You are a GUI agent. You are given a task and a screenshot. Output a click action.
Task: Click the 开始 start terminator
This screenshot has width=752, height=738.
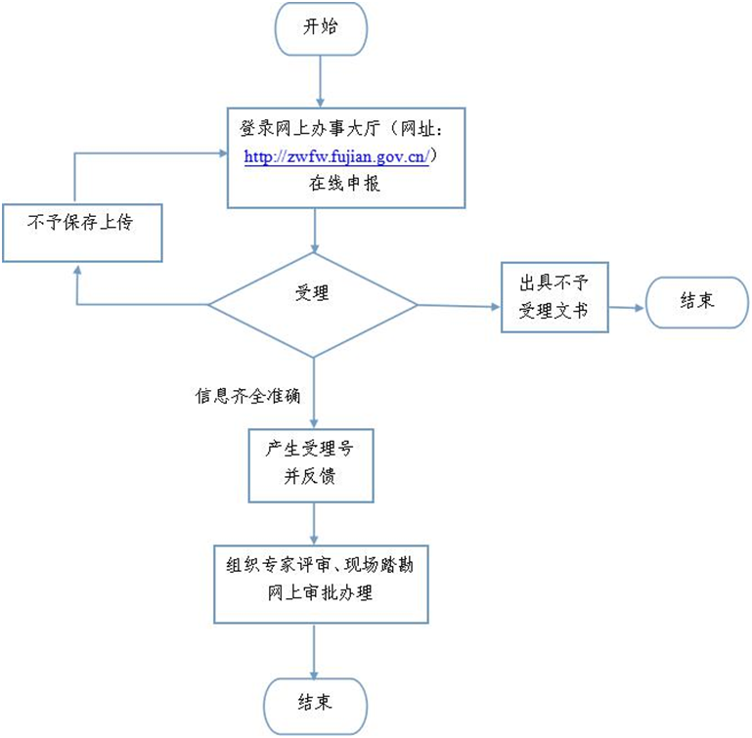coord(321,28)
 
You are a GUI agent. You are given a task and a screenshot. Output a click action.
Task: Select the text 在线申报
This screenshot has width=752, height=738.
coord(345,183)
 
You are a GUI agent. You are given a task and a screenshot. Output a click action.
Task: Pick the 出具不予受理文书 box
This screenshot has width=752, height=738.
coord(554,297)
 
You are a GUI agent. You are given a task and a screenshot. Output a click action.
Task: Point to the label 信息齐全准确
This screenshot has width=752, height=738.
coord(247,397)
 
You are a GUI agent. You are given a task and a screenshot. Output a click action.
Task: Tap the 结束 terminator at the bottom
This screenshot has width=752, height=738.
coord(315,703)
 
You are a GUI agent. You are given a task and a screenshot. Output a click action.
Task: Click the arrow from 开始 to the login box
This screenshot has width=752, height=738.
coord(316,81)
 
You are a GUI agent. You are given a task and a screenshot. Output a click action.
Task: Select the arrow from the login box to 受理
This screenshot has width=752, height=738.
coord(315,231)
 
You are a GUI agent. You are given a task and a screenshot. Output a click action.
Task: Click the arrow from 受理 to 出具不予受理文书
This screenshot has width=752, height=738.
coord(460,306)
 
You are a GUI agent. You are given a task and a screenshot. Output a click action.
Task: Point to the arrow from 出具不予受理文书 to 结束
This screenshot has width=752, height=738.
coord(627,306)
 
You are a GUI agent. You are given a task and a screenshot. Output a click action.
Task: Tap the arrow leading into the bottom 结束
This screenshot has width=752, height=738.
coord(314,651)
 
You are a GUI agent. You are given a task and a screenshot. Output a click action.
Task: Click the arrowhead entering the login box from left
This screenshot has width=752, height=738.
coord(220,152)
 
